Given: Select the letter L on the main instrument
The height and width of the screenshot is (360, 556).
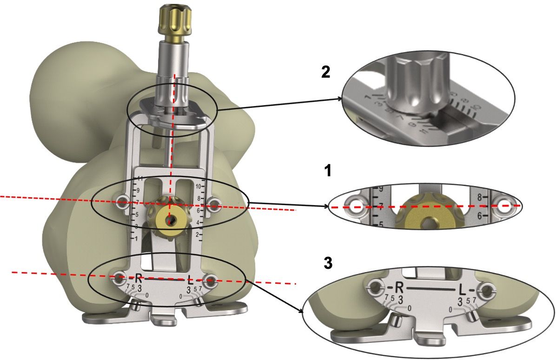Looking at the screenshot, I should pyautogui.click(x=191, y=280).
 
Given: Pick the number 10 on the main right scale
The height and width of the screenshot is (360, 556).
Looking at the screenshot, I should pyautogui.click(x=198, y=187).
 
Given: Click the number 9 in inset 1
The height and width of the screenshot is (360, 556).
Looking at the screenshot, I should pyautogui.click(x=379, y=189).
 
